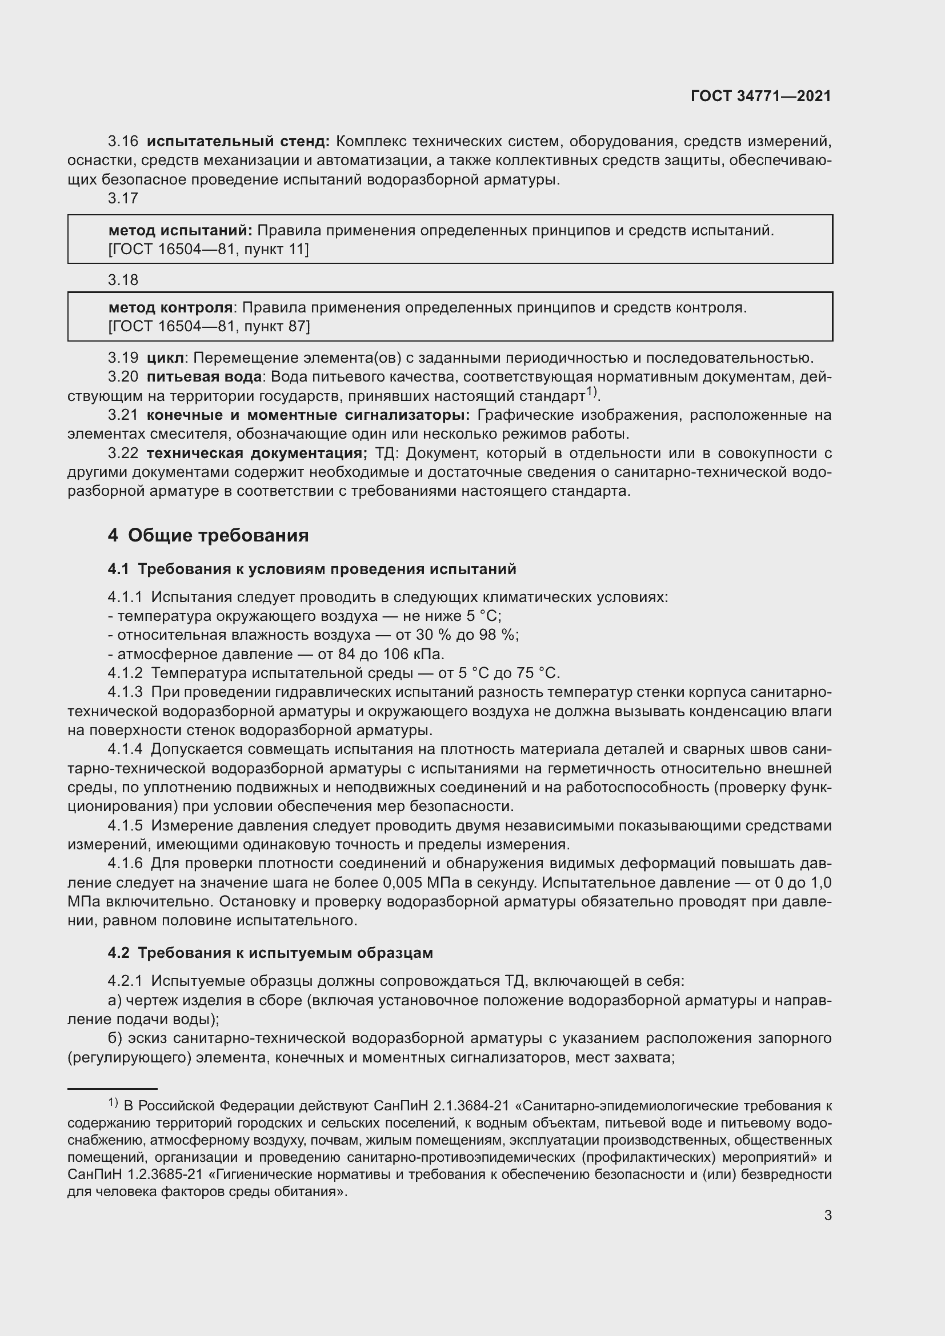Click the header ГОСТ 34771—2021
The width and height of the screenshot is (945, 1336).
click(x=760, y=96)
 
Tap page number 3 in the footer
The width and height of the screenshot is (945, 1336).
click(x=827, y=1215)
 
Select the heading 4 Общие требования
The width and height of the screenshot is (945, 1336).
click(x=208, y=535)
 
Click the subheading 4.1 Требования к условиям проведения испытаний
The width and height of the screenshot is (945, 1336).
click(x=312, y=569)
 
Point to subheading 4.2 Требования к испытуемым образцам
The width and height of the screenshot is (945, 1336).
click(x=270, y=953)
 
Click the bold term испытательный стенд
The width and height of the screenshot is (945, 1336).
click(x=238, y=142)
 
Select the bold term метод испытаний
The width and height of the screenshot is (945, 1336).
click(x=181, y=231)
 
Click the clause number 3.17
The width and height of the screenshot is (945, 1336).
click(x=123, y=199)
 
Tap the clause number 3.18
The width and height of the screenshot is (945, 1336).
click(x=123, y=280)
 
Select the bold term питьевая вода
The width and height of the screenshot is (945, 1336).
click(x=203, y=377)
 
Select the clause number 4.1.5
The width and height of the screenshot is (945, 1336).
click(x=125, y=827)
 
